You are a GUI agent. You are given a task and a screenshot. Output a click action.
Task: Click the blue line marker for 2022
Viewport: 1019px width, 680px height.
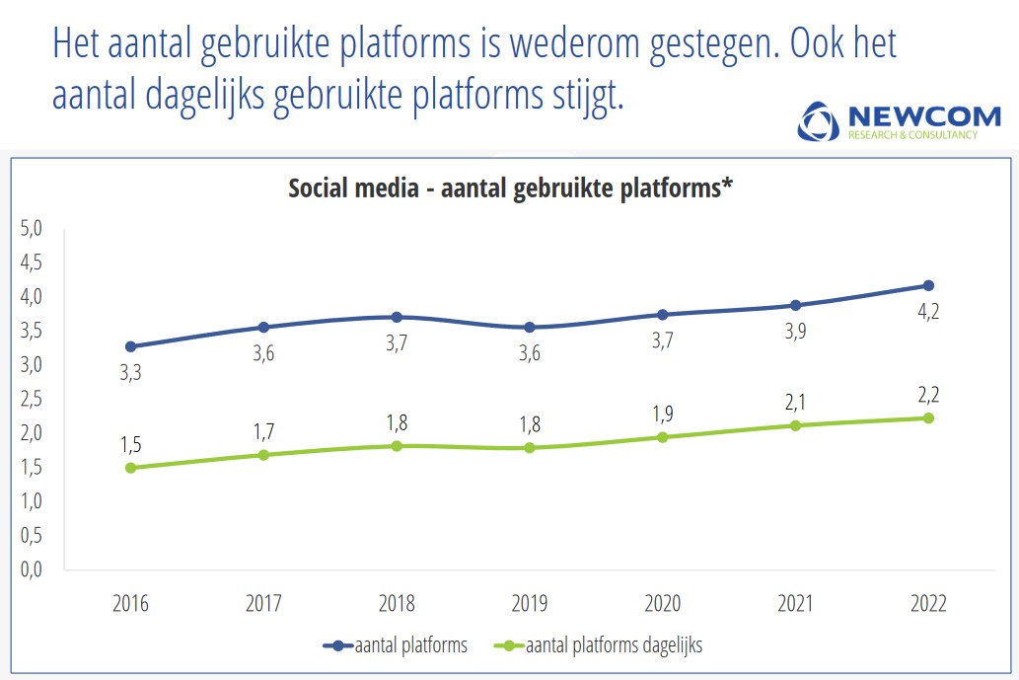point(928,285)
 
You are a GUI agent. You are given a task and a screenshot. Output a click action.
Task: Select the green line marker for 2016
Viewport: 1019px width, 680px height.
point(131,468)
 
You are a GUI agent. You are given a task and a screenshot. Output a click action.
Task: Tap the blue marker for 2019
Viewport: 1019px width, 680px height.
point(530,328)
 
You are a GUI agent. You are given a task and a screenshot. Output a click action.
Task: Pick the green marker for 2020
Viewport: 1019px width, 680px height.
point(663,437)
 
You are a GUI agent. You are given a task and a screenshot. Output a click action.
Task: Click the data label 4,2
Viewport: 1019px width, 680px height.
point(928,312)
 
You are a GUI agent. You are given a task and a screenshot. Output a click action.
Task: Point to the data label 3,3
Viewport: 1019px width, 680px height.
point(131,373)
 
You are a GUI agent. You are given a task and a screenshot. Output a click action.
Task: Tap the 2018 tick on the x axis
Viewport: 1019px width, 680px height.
point(397,604)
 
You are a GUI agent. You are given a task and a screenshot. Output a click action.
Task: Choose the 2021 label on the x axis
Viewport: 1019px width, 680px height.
point(795,604)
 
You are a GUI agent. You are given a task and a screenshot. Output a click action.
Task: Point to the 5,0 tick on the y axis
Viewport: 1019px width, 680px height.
point(32,229)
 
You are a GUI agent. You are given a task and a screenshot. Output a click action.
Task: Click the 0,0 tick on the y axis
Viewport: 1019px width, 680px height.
point(32,569)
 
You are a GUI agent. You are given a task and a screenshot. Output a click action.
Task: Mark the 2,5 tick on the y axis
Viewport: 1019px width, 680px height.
point(32,400)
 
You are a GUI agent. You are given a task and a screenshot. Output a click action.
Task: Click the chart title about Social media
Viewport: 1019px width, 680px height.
point(510,189)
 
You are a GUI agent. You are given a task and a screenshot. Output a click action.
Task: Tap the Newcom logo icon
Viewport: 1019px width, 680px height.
point(817,121)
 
